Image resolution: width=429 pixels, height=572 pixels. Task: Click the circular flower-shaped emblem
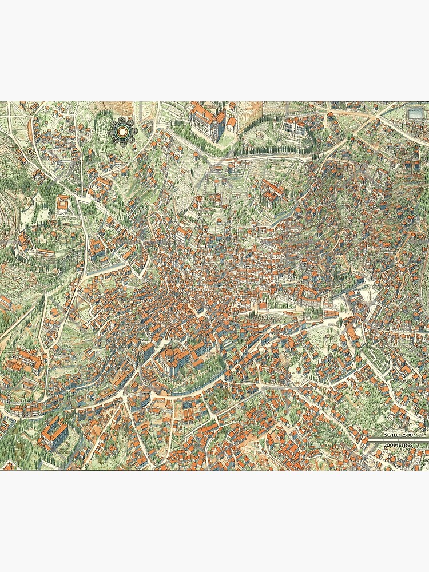[x=122, y=132]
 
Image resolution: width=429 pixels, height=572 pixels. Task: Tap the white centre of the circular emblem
[x=122, y=132]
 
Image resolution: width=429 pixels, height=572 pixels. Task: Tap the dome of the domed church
[x=170, y=358]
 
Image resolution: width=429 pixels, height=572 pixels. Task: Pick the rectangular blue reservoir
[x=415, y=110]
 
